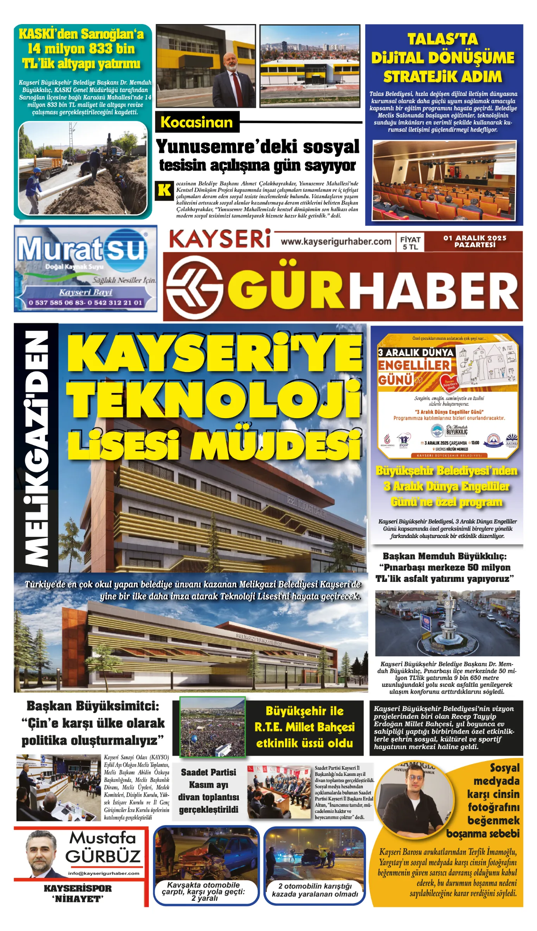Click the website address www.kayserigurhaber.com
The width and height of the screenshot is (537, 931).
click(x=336, y=242)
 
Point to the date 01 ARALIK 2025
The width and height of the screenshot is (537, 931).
click(x=475, y=238)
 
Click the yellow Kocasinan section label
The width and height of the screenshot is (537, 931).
click(x=197, y=122)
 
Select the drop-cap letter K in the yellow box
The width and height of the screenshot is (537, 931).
click(x=164, y=190)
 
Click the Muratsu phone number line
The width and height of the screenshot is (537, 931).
click(x=85, y=303)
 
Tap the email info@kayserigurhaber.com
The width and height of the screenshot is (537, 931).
click(x=104, y=873)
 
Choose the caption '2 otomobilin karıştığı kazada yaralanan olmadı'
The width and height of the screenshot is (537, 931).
click(x=314, y=890)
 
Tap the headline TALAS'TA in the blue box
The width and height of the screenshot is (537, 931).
click(x=442, y=39)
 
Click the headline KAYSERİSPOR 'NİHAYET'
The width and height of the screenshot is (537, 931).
click(x=78, y=893)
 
